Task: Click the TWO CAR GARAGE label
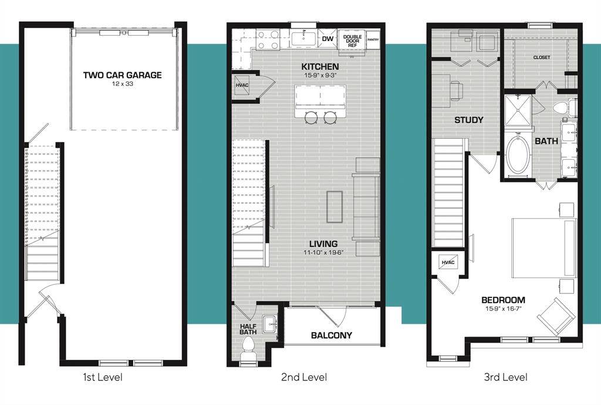coord(122,75)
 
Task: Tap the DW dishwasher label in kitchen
coord(327,39)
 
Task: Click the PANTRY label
coord(373,39)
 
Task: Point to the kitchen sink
coord(303,39)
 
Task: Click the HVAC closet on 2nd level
coord(242,85)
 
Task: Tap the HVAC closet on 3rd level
coord(448,262)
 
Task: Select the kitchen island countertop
coord(320,97)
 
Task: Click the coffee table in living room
coord(335,207)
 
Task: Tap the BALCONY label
coord(332,335)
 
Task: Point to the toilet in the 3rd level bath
coord(567,107)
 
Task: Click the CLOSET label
coord(542,58)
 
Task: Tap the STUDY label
coord(469,120)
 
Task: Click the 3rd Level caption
coord(505,377)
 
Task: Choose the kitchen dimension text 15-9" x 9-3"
coord(320,76)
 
